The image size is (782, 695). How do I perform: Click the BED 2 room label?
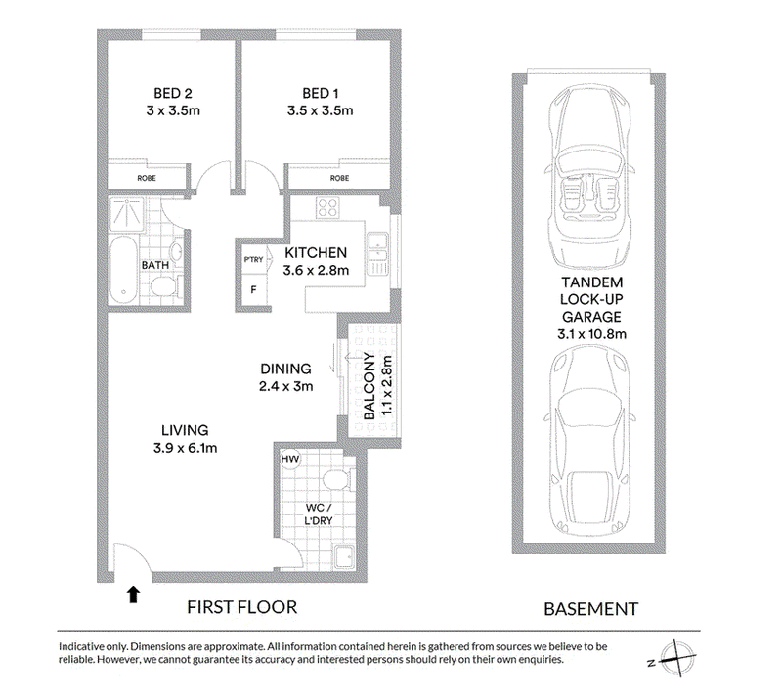[173, 93]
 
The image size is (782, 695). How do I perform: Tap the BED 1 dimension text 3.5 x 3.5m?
[321, 110]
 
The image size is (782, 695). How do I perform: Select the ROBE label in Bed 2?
[147, 178]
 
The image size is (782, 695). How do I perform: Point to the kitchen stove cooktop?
[327, 208]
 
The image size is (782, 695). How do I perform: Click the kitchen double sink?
[378, 254]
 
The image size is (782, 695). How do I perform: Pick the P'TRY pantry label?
[253, 260]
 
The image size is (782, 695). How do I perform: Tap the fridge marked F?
[253, 289]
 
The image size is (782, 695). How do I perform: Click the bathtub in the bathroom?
[123, 270]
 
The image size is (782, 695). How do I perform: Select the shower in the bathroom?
[127, 214]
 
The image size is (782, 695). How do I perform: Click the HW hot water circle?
[290, 459]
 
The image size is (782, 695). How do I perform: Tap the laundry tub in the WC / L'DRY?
[344, 557]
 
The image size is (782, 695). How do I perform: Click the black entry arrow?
[133, 594]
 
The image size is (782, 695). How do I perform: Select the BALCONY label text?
[369, 386]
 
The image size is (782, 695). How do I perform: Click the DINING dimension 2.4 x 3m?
[285, 386]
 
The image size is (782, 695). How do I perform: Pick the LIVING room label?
[185, 430]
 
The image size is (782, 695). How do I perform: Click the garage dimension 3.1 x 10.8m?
[592, 334]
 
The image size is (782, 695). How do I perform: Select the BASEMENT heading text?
[591, 609]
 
